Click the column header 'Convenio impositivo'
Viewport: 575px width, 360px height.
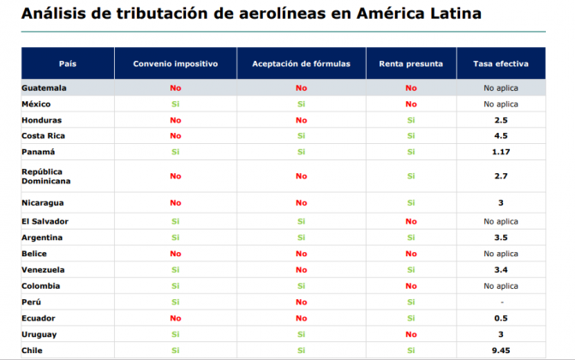click(176, 64)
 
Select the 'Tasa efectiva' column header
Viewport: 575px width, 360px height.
click(500, 64)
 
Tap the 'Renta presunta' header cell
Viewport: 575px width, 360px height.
click(410, 64)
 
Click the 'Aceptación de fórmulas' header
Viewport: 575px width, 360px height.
click(301, 64)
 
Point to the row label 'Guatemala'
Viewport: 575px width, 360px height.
click(44, 87)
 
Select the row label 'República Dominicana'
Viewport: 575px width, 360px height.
click(46, 176)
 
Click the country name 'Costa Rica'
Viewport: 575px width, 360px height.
click(44, 135)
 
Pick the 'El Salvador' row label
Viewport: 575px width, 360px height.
click(45, 221)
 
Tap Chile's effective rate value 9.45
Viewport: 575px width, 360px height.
click(500, 351)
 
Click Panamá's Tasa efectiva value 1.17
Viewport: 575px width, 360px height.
click(500, 152)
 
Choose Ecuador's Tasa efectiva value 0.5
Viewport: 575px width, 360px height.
click(500, 318)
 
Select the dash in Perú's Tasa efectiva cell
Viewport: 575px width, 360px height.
click(500, 302)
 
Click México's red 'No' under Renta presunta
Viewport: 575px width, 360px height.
click(410, 104)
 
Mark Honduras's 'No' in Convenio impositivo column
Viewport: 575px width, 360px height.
click(176, 120)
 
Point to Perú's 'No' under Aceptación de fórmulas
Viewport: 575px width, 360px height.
click(301, 302)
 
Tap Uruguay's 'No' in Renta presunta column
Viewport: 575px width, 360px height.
click(410, 334)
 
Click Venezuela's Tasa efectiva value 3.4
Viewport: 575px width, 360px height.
click(500, 270)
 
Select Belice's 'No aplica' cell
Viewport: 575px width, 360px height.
click(500, 254)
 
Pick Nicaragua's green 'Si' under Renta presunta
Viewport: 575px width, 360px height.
click(410, 203)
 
